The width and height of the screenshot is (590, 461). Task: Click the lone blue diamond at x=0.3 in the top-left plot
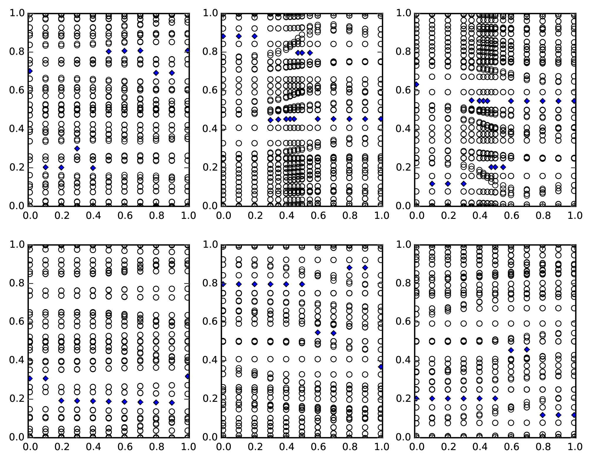77,148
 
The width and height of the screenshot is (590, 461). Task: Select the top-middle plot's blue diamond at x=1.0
381,119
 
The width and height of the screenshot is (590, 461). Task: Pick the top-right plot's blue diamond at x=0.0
417,85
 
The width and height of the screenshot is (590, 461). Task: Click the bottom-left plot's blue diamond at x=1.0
188,376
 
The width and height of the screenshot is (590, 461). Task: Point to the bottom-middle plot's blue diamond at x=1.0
381,367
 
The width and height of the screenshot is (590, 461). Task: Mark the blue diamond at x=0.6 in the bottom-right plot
511,350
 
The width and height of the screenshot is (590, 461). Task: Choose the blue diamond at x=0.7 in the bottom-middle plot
334,333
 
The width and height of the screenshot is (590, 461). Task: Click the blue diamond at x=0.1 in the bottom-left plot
45,378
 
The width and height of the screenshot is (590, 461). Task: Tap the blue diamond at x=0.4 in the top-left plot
93,168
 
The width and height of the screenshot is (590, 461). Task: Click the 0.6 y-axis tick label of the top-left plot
17,90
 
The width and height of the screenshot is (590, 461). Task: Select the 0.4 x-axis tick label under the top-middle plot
286,216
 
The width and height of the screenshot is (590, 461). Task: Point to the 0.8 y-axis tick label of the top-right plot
403,52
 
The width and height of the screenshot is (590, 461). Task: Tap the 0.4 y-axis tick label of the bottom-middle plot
210,360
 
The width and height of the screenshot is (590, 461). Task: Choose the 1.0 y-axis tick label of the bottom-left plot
17,245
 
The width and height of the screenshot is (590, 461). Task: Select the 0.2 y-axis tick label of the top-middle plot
210,168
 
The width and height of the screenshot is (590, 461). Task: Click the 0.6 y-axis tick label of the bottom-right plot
403,322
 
